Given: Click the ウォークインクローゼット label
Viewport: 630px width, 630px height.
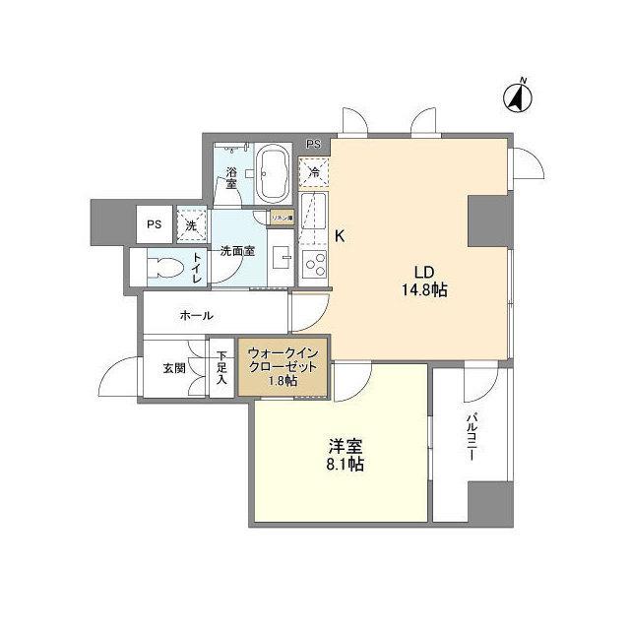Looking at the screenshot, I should pos(283,365).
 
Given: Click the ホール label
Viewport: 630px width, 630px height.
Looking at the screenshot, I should pos(197,315).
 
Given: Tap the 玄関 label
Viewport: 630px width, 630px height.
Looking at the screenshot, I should pos(175,370).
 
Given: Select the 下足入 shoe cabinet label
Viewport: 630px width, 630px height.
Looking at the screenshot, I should pos(221,366).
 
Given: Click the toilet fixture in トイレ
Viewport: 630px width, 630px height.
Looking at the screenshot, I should pos(164,267).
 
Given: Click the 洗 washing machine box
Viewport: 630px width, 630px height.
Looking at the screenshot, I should pos(191,223).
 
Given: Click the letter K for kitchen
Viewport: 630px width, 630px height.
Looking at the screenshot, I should pos(340,236).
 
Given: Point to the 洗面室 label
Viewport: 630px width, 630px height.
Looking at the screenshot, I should pos(237,251).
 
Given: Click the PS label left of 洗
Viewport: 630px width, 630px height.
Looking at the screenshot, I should pos(154,223).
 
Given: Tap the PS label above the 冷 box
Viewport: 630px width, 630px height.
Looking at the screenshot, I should pos(313,145).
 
